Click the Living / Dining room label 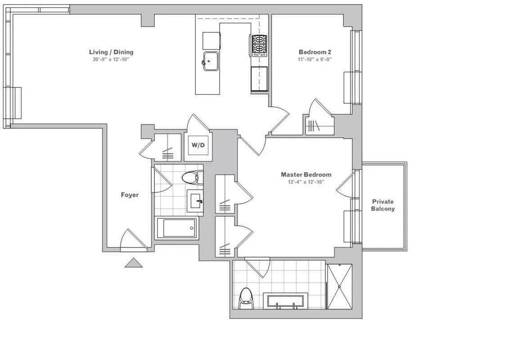click(x=111, y=52)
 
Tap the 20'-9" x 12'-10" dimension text click(x=111, y=59)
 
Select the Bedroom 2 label click(x=315, y=52)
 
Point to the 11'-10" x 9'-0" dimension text click(x=315, y=59)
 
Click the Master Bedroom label click(x=306, y=175)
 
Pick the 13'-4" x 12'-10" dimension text click(x=306, y=182)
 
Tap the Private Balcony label click(x=382, y=205)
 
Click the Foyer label click(x=130, y=195)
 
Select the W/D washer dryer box click(x=197, y=145)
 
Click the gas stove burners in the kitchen click(x=259, y=45)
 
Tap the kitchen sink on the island click(x=210, y=61)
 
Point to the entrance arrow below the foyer click(x=134, y=263)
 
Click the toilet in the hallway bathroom click(x=191, y=178)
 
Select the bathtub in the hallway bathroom click(x=176, y=228)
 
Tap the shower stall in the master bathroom click(x=339, y=286)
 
